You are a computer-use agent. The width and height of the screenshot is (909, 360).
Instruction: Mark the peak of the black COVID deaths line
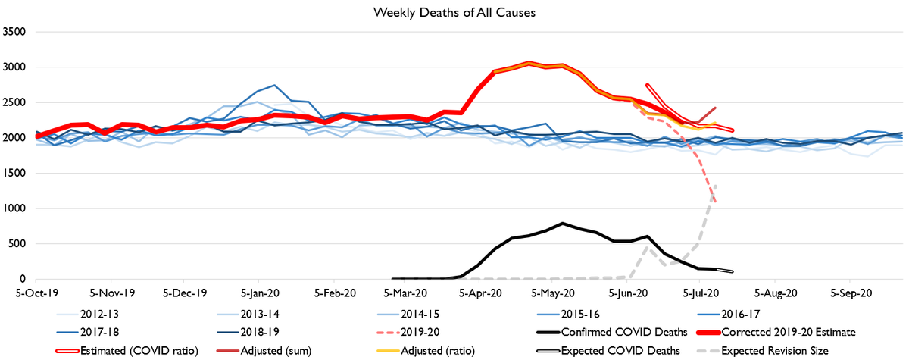tap(562, 224)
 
